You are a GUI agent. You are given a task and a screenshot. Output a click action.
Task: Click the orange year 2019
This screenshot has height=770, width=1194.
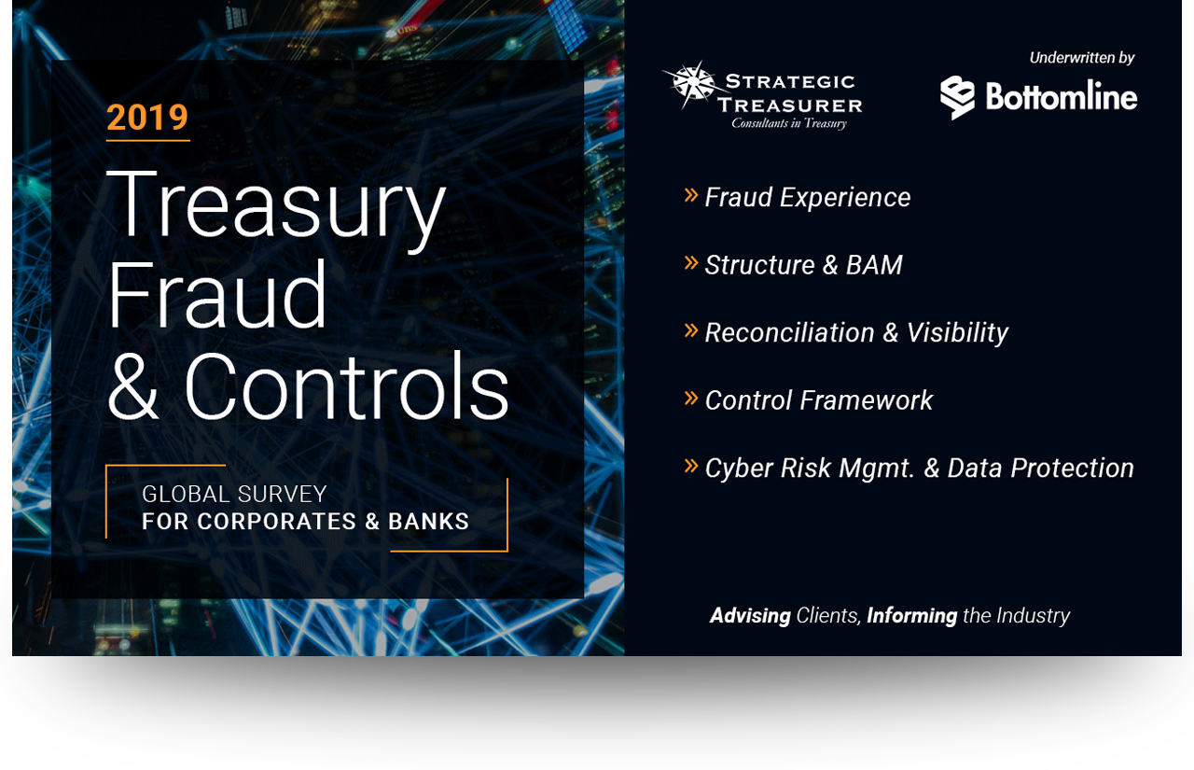click(147, 117)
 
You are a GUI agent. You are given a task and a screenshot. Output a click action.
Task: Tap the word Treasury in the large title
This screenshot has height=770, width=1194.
click(276, 210)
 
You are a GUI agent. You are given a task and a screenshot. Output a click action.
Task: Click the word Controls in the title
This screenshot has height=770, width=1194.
click(346, 385)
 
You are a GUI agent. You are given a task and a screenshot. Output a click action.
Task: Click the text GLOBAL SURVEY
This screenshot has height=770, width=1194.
click(234, 495)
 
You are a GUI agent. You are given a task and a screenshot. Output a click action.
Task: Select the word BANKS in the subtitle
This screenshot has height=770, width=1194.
click(428, 522)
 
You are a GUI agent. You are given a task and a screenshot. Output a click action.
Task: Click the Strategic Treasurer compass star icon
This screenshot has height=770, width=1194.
click(690, 84)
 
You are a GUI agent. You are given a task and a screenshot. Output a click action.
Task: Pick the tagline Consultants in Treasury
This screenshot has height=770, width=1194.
click(789, 123)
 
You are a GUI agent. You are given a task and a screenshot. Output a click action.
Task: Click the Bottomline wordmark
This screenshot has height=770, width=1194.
click(1062, 96)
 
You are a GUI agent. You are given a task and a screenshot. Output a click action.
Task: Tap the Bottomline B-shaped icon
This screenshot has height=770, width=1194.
click(957, 97)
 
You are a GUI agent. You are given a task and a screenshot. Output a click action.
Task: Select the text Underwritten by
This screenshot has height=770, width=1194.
click(1081, 58)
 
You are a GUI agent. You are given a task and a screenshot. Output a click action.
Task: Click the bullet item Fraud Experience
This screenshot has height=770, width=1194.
click(808, 197)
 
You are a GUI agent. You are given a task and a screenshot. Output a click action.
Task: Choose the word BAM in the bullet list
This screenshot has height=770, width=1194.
click(874, 265)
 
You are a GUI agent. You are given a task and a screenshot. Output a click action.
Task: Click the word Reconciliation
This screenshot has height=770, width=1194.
click(789, 333)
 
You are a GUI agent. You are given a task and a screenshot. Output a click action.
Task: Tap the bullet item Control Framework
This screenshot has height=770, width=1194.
click(819, 400)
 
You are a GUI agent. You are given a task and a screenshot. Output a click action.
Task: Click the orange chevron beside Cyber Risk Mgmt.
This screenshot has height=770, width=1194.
click(691, 466)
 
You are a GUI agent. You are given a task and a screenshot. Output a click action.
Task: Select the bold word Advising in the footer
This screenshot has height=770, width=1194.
click(750, 615)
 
